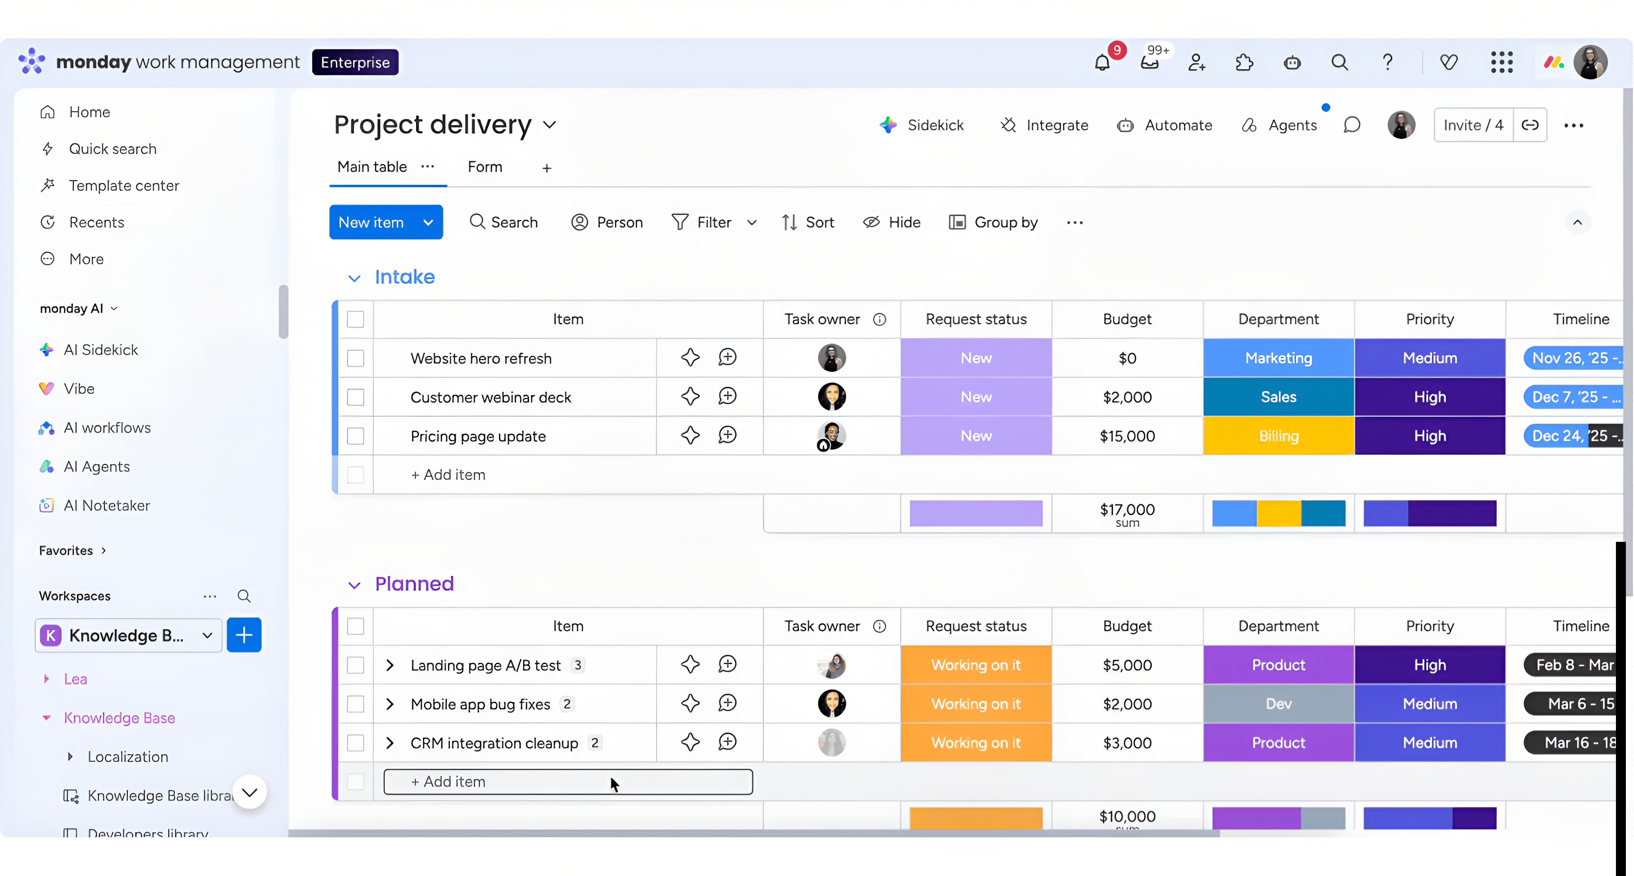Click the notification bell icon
[1102, 63]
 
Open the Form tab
[485, 167]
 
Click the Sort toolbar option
[808, 223]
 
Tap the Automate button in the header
[1165, 126]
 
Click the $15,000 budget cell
[1127, 436]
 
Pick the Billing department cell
[1278, 436]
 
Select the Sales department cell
[1278, 397]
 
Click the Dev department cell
[1278, 704]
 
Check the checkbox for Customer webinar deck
[356, 397]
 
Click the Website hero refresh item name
[481, 359]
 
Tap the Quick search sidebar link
[112, 149]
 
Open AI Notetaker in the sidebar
[107, 506]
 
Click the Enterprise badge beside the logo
[355, 62]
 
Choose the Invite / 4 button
[1473, 126]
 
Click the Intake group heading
[405, 277]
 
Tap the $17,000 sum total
[1127, 514]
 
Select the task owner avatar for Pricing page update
[831, 436]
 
